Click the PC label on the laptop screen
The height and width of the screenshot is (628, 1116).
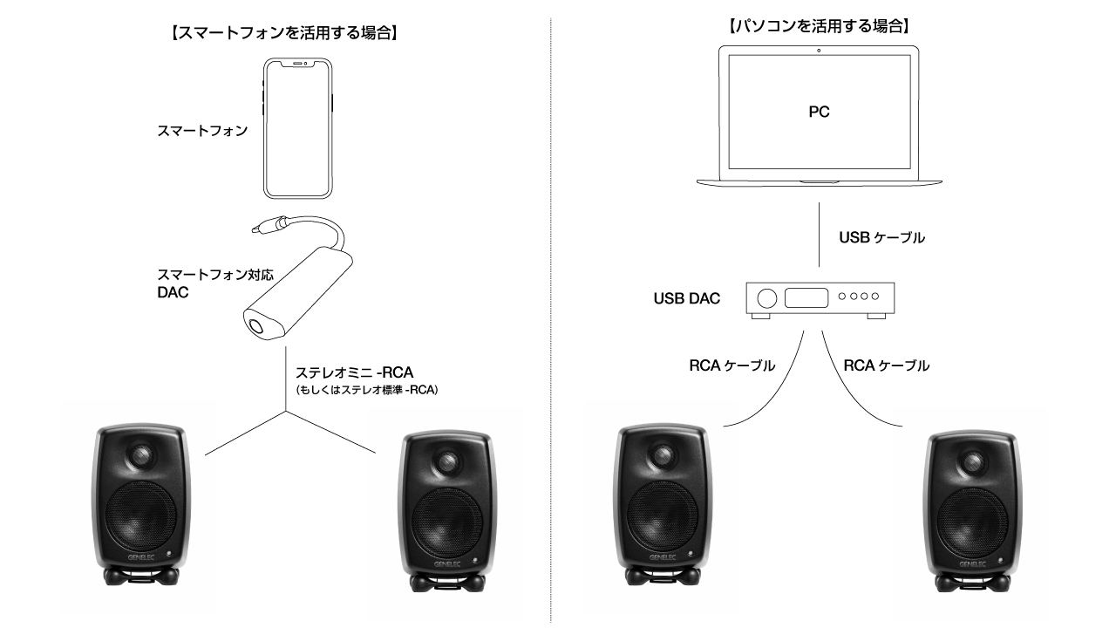point(818,113)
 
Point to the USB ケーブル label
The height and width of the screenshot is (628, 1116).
point(881,237)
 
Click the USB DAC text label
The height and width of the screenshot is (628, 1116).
point(687,299)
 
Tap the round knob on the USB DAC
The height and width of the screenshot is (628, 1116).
point(767,298)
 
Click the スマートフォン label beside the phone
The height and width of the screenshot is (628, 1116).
point(201,131)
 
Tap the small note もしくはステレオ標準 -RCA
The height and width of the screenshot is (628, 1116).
point(366,390)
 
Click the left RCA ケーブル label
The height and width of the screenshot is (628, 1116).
point(732,366)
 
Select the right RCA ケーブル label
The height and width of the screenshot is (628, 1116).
point(886,366)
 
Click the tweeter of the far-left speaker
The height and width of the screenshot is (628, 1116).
point(141,456)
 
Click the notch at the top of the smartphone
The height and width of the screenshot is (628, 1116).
point(298,63)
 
